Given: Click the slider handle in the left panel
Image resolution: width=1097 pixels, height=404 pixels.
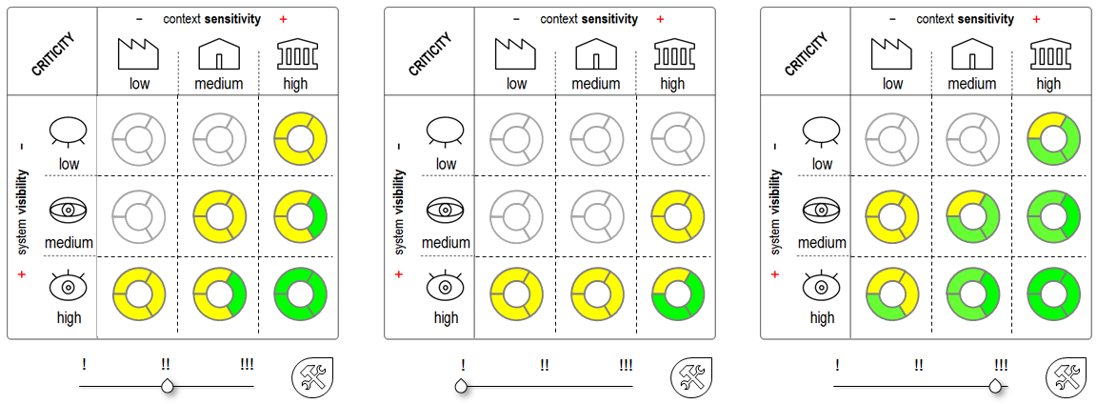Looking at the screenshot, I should tap(168, 386).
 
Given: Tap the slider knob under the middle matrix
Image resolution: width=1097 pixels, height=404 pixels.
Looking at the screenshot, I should tap(462, 386).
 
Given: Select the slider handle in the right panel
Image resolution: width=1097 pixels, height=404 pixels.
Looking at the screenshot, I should tap(996, 386).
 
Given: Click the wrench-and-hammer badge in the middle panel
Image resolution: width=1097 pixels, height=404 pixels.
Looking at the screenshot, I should tap(689, 378).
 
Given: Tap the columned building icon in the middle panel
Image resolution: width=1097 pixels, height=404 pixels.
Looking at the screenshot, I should tap(672, 55).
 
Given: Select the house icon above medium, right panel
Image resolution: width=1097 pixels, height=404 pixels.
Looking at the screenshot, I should tap(972, 55).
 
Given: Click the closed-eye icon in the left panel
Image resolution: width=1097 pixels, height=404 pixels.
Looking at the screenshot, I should tap(67, 131).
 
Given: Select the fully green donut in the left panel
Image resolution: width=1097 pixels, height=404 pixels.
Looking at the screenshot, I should tap(300, 295).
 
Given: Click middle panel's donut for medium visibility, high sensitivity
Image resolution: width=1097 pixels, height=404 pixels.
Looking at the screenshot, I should tap(676, 218).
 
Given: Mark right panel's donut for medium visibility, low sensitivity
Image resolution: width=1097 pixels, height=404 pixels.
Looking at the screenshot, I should tap(891, 218).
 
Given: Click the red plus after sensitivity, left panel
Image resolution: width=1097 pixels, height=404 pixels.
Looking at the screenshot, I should tap(282, 19).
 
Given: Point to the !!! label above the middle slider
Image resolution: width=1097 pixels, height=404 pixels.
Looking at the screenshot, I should tap(626, 365).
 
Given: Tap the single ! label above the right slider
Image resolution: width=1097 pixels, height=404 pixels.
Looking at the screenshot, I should tap(837, 365).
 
